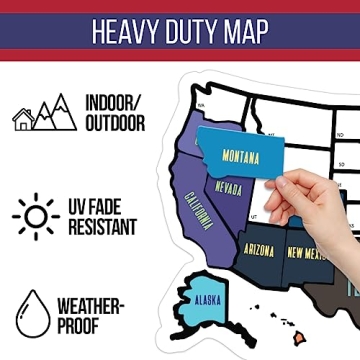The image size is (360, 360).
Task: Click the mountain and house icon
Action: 44,112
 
